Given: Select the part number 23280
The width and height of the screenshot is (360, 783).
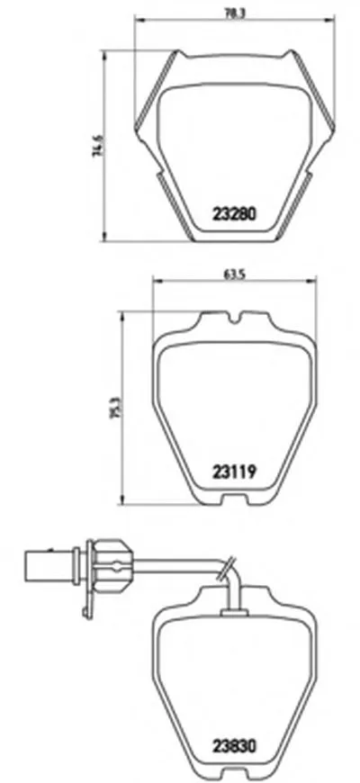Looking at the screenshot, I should (x=234, y=215).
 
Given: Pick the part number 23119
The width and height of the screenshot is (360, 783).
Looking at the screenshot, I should (x=234, y=469).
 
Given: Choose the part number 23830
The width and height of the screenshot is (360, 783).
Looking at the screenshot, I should (x=234, y=747).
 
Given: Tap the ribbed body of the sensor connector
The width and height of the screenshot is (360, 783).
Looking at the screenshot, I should (x=108, y=566).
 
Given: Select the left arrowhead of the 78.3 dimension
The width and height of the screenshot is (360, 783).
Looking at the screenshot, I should (x=136, y=17).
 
